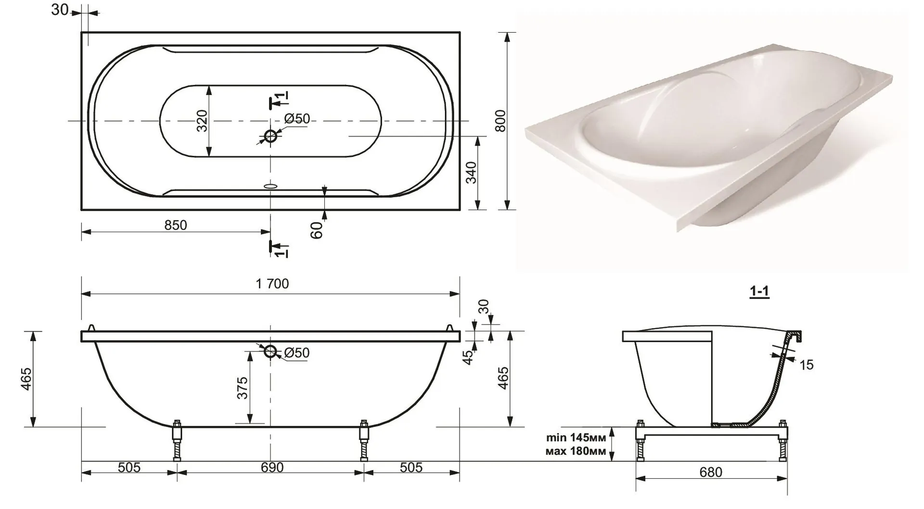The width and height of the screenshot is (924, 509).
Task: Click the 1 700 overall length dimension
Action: tap(272, 284)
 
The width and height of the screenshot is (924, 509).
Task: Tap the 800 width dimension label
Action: tap(500, 121)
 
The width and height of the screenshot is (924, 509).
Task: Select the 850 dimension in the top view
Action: tap(176, 225)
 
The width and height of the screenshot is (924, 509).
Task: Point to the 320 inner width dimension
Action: tap(202, 121)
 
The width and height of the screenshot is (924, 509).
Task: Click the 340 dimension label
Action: tap(471, 173)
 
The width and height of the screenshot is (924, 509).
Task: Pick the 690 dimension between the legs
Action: tap(272, 467)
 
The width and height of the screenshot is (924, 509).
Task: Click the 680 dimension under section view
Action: tap(710, 472)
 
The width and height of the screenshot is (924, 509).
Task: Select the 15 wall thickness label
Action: tap(807, 365)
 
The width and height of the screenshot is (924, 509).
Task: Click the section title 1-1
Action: tap(759, 292)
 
